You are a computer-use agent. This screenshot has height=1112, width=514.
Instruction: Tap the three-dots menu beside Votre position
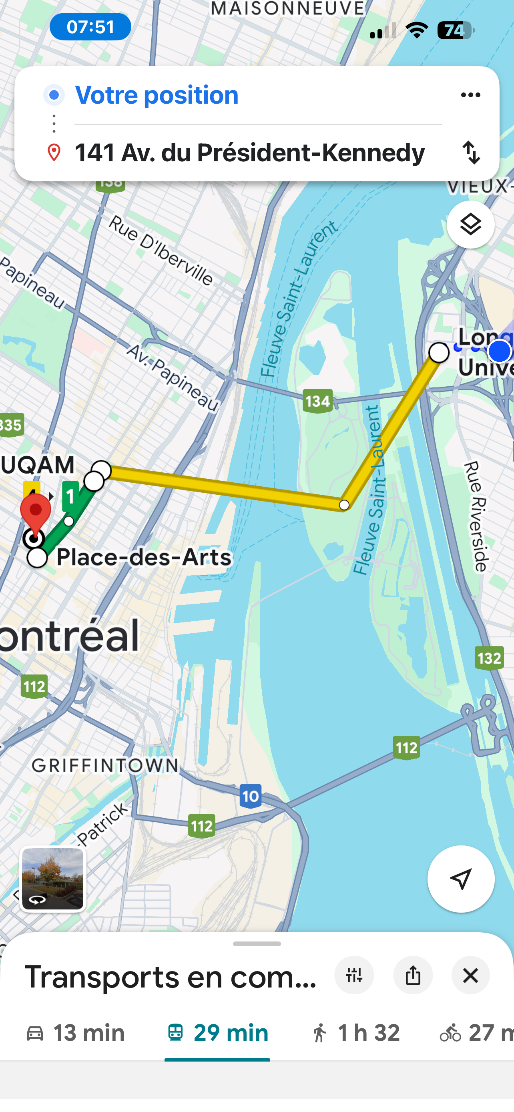470,95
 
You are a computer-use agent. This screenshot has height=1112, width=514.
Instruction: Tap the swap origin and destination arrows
471,153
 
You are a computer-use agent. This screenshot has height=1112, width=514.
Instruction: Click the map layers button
470,225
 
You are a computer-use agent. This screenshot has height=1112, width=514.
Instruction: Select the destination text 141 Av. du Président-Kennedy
249,153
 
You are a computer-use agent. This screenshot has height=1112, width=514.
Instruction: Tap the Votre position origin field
157,95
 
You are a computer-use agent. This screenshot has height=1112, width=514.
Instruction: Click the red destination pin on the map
36,512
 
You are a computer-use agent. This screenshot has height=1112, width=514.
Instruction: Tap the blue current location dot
500,351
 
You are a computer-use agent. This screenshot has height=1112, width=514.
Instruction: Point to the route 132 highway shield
489,658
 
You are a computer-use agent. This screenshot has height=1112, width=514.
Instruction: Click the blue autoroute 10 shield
251,796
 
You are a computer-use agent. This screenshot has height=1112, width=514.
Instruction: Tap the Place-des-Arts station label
144,557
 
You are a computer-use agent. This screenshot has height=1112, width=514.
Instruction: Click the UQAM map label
38,465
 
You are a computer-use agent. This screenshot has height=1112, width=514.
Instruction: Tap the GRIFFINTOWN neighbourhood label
105,765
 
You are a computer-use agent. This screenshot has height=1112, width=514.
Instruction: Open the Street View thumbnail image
53,879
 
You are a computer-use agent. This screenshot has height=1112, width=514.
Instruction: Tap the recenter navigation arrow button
460,879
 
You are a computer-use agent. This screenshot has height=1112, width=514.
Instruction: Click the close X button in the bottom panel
470,976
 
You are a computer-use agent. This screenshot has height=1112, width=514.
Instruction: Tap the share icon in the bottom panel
413,976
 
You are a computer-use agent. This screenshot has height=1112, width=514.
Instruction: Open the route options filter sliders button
354,976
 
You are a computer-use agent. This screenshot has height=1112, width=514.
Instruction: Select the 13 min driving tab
76,1033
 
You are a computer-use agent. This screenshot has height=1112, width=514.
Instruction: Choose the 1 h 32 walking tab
355,1033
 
